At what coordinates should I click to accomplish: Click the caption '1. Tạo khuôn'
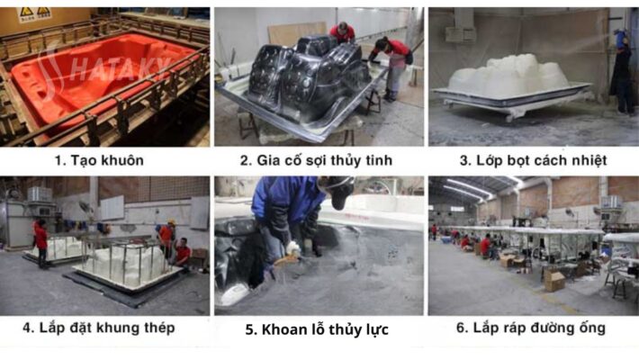pos(99,160)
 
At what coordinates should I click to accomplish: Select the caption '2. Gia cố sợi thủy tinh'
pos(316,160)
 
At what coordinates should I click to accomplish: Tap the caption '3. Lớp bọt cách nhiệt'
pos(533,160)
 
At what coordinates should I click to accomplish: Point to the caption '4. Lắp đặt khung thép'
pos(99,328)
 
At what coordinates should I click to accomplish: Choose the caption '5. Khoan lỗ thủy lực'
pos(317,329)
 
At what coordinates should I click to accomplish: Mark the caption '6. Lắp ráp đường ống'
pos(531,328)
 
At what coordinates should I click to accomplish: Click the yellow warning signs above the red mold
pos(34,13)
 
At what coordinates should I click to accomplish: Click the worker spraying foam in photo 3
pos(622,71)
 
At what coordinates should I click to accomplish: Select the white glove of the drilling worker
pos(292,248)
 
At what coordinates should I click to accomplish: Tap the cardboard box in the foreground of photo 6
pos(554,281)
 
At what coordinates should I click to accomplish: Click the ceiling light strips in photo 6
pos(469,186)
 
